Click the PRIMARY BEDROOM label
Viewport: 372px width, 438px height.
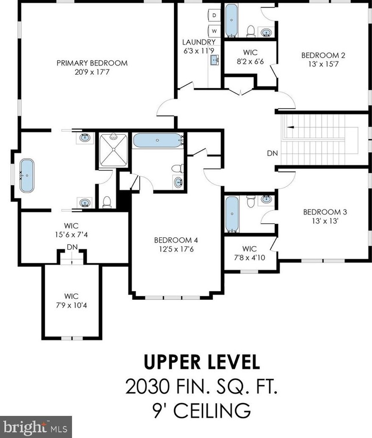coord(92,63)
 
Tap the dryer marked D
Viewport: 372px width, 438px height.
coord(214,15)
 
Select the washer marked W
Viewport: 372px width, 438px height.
coord(214,31)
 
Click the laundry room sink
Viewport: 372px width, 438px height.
coord(215,60)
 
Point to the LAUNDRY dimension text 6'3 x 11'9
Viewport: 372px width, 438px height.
coord(198,51)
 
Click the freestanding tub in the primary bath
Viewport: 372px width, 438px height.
coord(27,176)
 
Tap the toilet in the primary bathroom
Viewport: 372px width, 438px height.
coord(107,202)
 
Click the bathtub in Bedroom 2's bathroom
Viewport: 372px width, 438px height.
coord(231,20)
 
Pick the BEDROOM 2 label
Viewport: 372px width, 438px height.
coord(323,55)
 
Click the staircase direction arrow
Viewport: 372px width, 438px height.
coord(290,127)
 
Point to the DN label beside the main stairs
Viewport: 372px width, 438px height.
coord(273,153)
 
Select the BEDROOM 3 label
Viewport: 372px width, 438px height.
coord(325,212)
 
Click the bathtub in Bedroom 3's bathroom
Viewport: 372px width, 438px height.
coord(232,214)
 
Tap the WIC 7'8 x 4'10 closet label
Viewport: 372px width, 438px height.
coord(249,253)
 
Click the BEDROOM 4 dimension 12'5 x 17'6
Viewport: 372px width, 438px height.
coord(176,248)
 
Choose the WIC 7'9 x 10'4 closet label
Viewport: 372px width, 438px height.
coord(72,301)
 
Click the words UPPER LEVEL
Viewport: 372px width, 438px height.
coord(202,362)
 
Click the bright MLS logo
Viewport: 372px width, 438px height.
coord(36,427)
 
